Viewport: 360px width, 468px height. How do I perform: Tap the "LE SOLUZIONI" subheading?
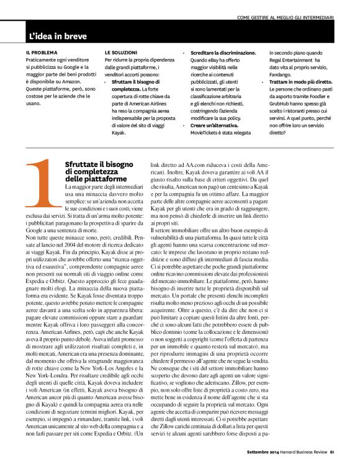click(x=121, y=52)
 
